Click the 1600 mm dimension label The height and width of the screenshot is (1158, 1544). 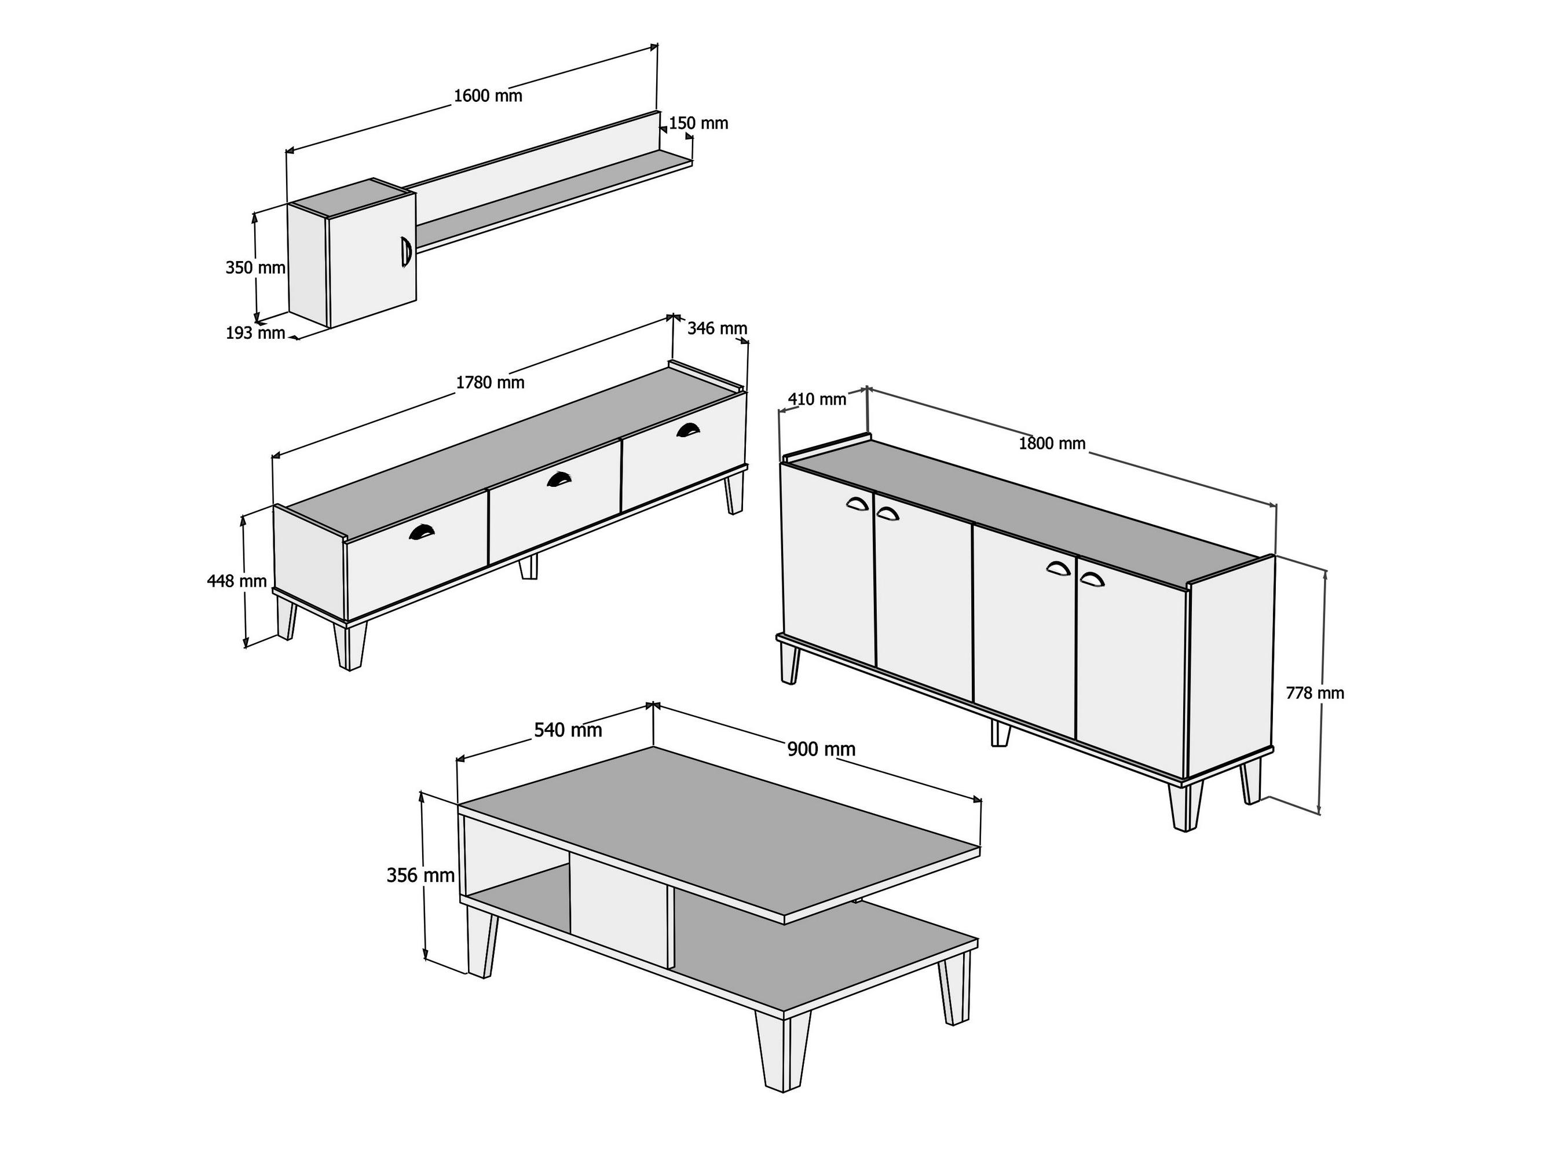[488, 96]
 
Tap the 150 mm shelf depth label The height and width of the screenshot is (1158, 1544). [698, 123]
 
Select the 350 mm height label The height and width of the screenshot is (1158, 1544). [255, 267]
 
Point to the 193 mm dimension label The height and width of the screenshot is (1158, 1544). [255, 334]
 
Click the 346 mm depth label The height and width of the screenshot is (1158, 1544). [718, 328]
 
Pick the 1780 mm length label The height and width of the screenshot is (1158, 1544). [490, 383]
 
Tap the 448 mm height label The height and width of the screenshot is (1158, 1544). [237, 581]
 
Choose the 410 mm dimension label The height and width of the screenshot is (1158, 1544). [817, 400]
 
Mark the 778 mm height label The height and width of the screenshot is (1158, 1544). [1315, 693]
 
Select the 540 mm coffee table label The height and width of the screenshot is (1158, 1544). [568, 730]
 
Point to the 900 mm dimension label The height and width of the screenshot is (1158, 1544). [822, 749]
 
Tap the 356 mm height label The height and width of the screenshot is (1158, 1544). [421, 875]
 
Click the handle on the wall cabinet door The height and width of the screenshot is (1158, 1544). [405, 251]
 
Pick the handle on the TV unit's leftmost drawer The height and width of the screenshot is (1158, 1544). [421, 532]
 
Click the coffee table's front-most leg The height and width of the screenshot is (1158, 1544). [783, 1051]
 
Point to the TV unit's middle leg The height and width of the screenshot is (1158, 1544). [528, 567]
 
